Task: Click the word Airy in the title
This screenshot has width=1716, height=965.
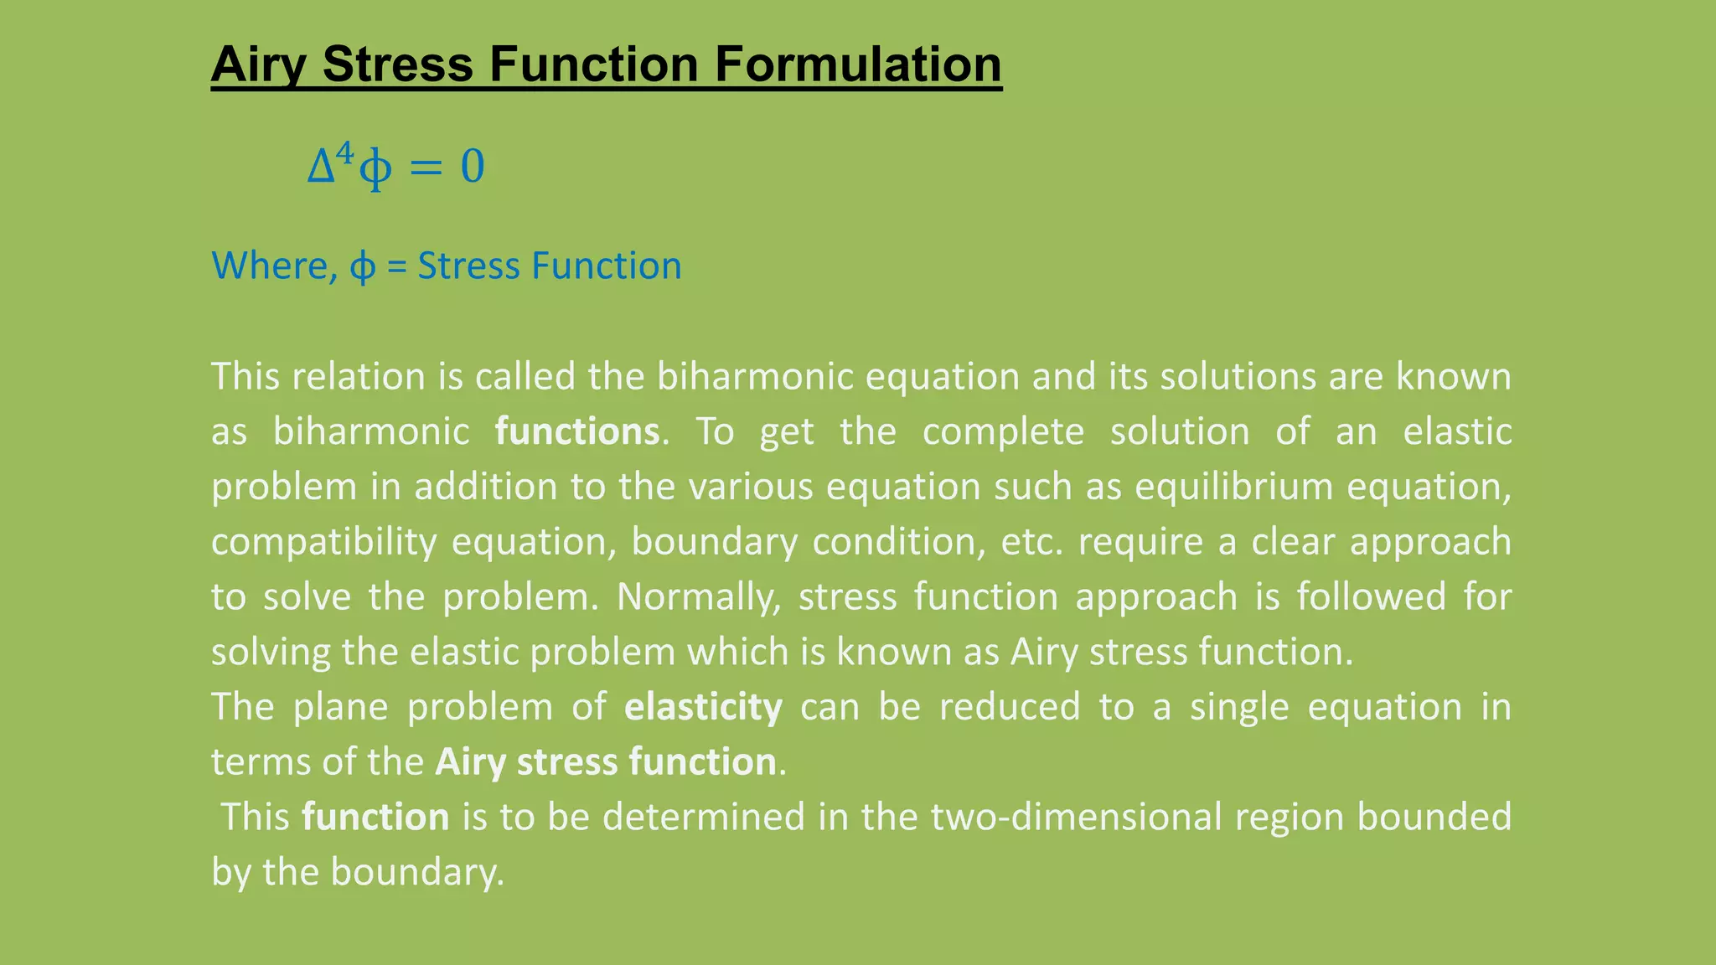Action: pos(258,65)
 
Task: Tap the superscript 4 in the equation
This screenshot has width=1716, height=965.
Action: pos(345,154)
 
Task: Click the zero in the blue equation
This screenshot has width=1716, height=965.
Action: pos(473,167)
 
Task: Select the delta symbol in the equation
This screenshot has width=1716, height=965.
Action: pos(321,167)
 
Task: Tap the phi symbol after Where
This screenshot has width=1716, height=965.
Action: pos(362,268)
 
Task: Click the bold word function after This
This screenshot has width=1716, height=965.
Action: pos(375,818)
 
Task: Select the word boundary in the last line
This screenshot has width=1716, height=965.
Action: pos(416,873)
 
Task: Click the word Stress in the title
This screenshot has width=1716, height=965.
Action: pos(397,65)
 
